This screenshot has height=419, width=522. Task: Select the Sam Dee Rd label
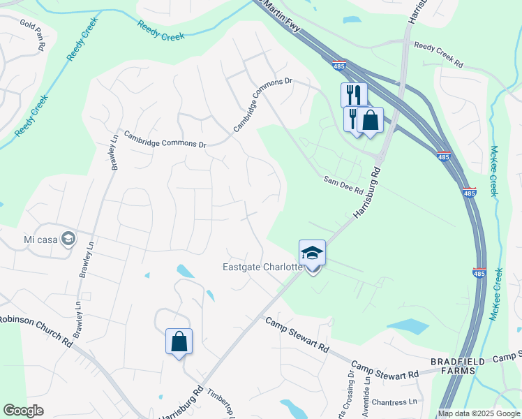[343, 185]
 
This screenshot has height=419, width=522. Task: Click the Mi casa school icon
[68, 240]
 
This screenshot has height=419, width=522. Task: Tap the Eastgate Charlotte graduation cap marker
[312, 253]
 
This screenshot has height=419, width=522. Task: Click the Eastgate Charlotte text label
[262, 267]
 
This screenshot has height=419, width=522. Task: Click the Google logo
[24, 411]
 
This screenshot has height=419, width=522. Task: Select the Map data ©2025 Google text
[479, 413]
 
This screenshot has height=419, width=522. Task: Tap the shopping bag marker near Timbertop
[179, 341]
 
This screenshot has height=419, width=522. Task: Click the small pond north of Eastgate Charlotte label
[185, 270]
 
